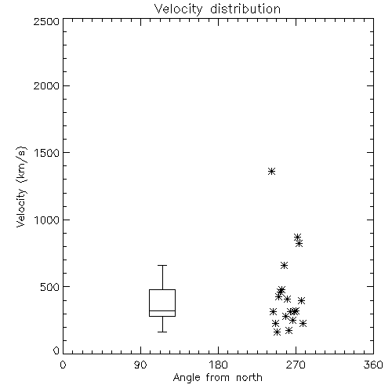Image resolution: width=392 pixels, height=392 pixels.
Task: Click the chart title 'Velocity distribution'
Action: click(x=217, y=9)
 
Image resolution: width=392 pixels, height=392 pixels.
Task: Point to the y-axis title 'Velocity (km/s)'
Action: click(x=21, y=187)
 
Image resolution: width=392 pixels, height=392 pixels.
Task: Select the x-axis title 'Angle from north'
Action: click(x=217, y=378)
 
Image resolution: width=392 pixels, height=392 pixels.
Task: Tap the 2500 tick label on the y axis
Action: click(x=46, y=21)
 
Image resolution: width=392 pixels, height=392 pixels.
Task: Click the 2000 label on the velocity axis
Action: click(x=46, y=85)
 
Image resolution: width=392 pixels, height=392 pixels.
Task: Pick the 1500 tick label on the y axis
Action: click(x=47, y=153)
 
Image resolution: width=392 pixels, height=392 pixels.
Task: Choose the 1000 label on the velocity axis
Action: click(x=47, y=220)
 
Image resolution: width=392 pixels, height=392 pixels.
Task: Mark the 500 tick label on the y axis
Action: click(x=50, y=287)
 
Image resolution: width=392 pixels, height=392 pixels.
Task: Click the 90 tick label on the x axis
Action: click(x=140, y=365)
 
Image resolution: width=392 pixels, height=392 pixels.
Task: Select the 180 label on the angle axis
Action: click(x=218, y=365)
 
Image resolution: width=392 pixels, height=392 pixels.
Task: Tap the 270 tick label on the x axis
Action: click(x=296, y=365)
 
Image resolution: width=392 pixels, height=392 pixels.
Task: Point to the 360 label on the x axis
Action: click(x=373, y=365)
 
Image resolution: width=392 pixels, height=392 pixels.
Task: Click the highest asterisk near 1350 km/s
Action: click(x=271, y=172)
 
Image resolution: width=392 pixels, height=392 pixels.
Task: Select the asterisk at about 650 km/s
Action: click(x=284, y=266)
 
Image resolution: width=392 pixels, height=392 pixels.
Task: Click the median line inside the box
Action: click(x=162, y=310)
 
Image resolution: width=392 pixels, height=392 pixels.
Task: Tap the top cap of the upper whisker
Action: click(x=162, y=265)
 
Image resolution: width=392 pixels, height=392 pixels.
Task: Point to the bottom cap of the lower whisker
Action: click(x=162, y=332)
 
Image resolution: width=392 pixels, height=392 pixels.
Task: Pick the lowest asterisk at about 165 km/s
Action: click(x=277, y=332)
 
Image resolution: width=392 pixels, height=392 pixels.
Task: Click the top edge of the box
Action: click(x=162, y=289)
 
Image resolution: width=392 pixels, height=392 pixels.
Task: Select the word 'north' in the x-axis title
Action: click(x=249, y=378)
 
